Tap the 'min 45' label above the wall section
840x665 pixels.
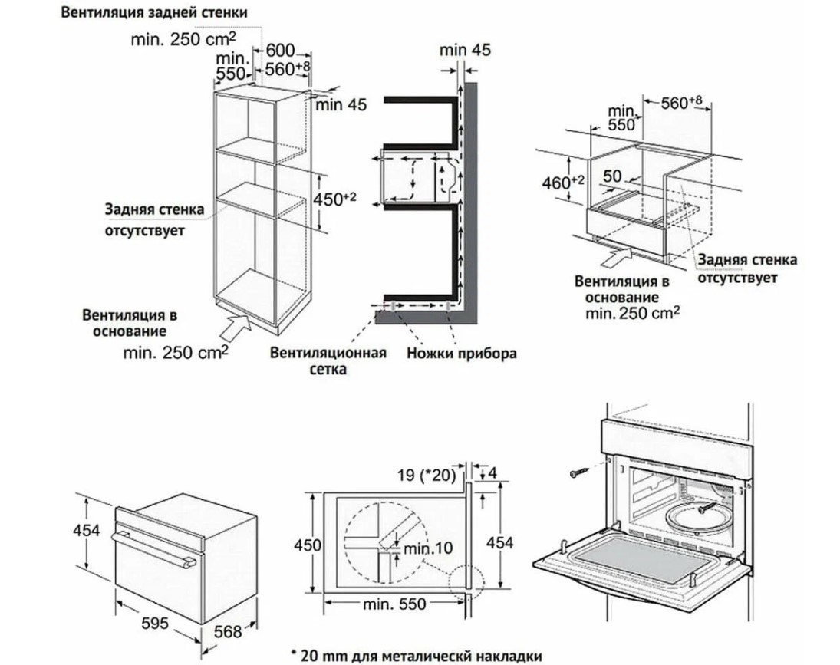(x=465, y=51)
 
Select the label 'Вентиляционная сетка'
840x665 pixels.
(x=326, y=361)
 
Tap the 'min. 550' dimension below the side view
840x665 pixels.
(x=395, y=604)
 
